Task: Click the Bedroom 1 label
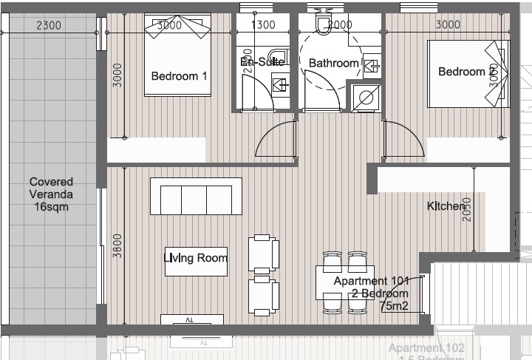[179, 76]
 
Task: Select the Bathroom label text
[333, 64]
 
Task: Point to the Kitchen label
[446, 207]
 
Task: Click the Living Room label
[195, 258]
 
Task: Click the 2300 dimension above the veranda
[49, 24]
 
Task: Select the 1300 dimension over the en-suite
[264, 24]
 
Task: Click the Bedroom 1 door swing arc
[275, 140]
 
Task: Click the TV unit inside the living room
[192, 319]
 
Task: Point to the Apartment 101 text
[370, 282]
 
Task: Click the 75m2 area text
[394, 305]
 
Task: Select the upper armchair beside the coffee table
[265, 253]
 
